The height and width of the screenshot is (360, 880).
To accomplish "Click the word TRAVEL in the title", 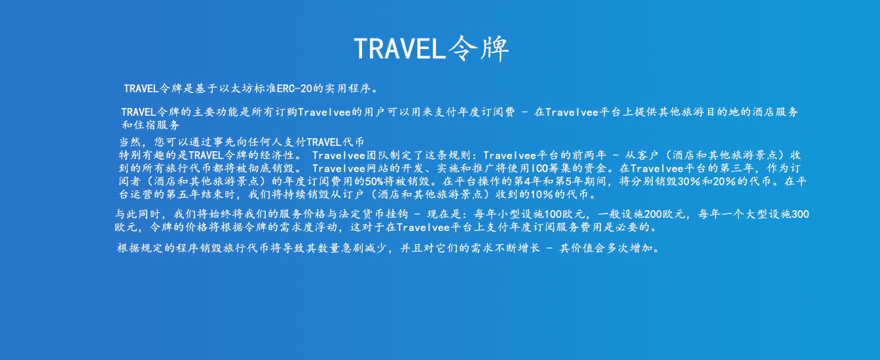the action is pyautogui.click(x=400, y=48).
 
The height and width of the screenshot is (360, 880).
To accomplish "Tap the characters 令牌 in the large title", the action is pyautogui.click(x=479, y=48).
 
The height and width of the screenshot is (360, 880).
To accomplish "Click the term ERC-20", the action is pyautogui.click(x=294, y=88).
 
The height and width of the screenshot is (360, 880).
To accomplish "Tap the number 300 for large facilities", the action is pyautogui.click(x=800, y=214).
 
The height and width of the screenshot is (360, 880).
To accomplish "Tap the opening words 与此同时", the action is pyautogui.click(x=137, y=214).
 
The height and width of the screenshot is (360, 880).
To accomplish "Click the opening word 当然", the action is pyautogui.click(x=130, y=142).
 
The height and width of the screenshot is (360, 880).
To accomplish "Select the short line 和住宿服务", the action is pyautogui.click(x=151, y=125).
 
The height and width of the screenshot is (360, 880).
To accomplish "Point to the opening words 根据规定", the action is pyautogui.click(x=140, y=248).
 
